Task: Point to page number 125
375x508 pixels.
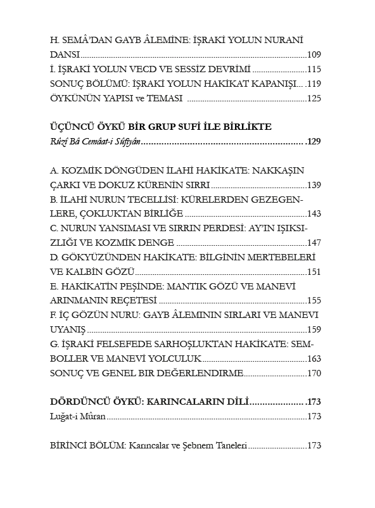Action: coord(314,99)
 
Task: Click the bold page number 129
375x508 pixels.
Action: coord(314,141)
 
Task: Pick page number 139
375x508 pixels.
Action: coord(314,185)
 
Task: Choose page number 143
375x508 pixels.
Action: coord(314,214)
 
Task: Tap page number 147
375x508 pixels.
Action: coord(314,243)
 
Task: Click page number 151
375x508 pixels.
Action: coord(314,272)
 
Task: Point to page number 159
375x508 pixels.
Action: coord(314,330)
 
